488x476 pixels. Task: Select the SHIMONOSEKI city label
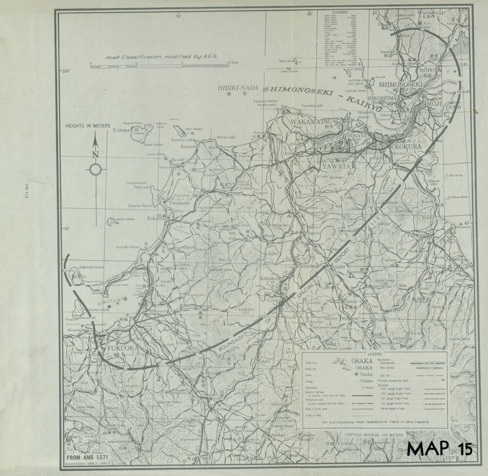pos(400,84)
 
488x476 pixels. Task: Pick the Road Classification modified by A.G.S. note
pos(160,57)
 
